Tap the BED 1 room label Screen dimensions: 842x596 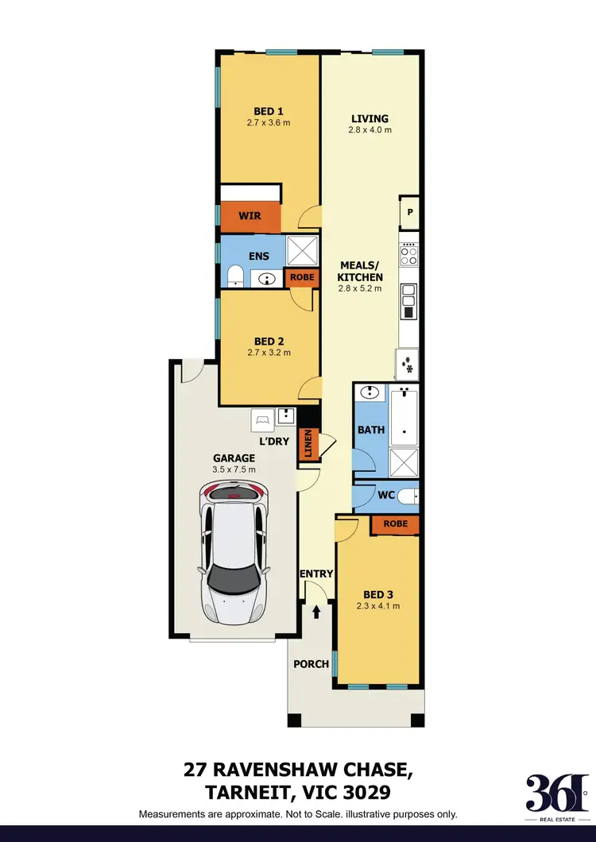[x=269, y=111]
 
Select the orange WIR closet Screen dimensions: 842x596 [x=250, y=216]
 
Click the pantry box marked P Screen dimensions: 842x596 [x=410, y=212]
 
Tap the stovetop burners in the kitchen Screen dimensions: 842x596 [x=409, y=255]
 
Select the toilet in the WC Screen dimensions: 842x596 [x=406, y=497]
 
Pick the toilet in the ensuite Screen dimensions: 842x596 [x=235, y=276]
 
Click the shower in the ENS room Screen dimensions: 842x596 [x=302, y=251]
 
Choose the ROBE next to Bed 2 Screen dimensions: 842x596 [x=302, y=278]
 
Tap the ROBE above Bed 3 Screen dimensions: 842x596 [x=395, y=523]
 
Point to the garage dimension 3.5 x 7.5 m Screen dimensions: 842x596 [x=234, y=469]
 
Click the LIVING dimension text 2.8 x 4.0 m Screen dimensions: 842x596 [x=370, y=129]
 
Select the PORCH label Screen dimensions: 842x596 [x=311, y=663]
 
